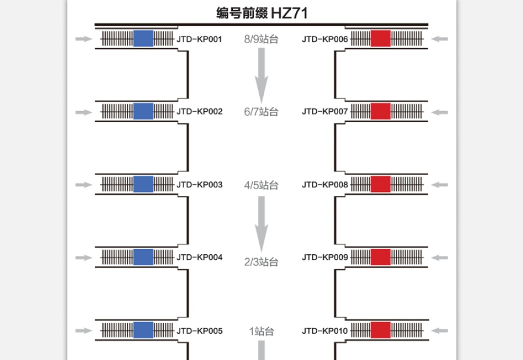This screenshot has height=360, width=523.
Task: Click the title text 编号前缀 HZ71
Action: point(261,13)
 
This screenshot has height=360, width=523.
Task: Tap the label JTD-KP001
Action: point(199,39)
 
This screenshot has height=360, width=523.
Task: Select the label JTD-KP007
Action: point(325,112)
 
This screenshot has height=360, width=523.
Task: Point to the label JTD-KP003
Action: point(199,185)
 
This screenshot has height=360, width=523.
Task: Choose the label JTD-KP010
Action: point(325,331)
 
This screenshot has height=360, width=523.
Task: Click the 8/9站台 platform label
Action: point(261,39)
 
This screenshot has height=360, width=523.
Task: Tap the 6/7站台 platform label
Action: point(261,112)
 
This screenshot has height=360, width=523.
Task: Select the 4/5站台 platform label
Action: point(261,185)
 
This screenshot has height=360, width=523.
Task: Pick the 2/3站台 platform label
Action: point(261,262)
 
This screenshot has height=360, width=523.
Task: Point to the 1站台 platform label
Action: point(261,331)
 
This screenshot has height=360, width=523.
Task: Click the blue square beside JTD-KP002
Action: point(144,111)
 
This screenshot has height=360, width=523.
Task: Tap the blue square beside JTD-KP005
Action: point(144,330)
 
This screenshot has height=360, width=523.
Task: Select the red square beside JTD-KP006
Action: point(381,38)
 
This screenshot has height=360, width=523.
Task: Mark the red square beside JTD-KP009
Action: point(381,257)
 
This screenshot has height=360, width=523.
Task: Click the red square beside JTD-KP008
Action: point(381,184)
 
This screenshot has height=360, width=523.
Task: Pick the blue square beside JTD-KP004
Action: point(144,257)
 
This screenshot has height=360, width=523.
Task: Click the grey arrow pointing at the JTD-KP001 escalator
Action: point(84,39)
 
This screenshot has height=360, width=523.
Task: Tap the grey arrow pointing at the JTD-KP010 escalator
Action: point(440,330)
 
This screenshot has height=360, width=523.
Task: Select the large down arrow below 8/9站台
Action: point(261,76)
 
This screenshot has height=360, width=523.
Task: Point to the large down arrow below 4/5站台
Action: point(261,224)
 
